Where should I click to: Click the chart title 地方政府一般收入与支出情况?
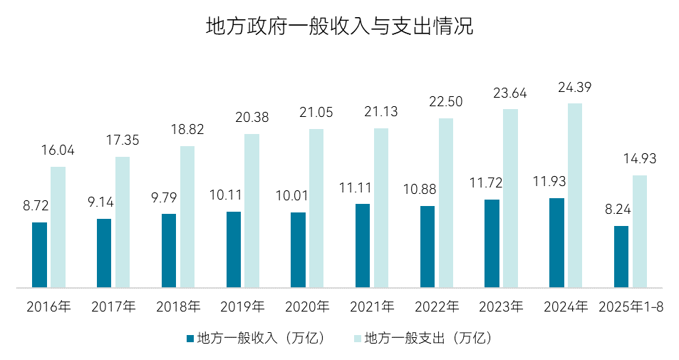pyautogui.click(x=339, y=27)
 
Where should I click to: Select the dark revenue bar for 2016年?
pyautogui.click(x=39, y=255)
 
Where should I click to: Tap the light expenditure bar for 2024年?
pyautogui.click(x=575, y=196)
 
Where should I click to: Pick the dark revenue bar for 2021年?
pyautogui.click(x=363, y=246)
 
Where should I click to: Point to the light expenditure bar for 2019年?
pyautogui.click(x=252, y=211)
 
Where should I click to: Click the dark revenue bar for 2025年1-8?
pyautogui.click(x=621, y=257)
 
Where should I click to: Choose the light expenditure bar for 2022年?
pyautogui.click(x=446, y=203)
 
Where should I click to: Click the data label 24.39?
pyautogui.click(x=575, y=88)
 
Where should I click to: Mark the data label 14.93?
pyautogui.click(x=640, y=159)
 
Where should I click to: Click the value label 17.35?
pyautogui.click(x=123, y=141)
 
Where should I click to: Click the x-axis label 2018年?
pyautogui.click(x=178, y=307)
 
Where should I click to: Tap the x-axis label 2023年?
pyautogui.click(x=501, y=307)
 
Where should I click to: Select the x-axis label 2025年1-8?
pyautogui.click(x=630, y=307)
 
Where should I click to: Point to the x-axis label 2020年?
pyautogui.click(x=307, y=307)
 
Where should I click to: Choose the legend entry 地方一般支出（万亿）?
pyautogui.click(x=427, y=338)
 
